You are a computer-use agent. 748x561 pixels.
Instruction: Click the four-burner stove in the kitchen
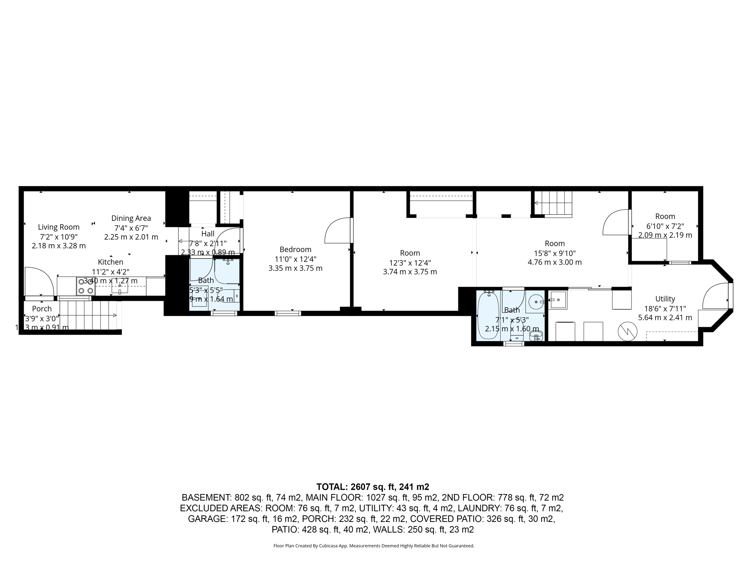pyautogui.click(x=86, y=286)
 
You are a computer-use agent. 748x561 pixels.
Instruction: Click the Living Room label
pyautogui.click(x=58, y=227)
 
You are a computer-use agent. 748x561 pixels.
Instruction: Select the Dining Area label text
pyautogui.click(x=131, y=218)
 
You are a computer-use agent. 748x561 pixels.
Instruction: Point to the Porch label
pyautogui.click(x=42, y=309)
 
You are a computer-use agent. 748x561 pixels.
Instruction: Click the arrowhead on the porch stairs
pyautogui.click(x=115, y=316)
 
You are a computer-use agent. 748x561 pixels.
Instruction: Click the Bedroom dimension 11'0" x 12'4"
pyautogui.click(x=295, y=259)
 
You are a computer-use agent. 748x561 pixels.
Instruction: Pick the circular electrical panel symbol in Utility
pyautogui.click(x=627, y=332)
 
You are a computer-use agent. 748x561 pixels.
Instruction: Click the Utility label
pyautogui.click(x=665, y=299)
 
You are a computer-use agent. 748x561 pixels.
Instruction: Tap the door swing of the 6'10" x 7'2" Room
pyautogui.click(x=614, y=222)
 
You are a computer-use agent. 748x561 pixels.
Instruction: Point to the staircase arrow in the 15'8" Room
pyautogui.click(x=537, y=203)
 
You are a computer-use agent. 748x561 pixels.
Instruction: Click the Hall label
pyautogui.click(x=207, y=234)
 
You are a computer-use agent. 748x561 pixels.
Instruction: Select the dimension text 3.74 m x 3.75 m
pyautogui.click(x=410, y=272)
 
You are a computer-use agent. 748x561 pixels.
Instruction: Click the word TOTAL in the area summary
pyautogui.click(x=332, y=487)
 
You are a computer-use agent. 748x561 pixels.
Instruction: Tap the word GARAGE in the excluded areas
pyautogui.click(x=207, y=519)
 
